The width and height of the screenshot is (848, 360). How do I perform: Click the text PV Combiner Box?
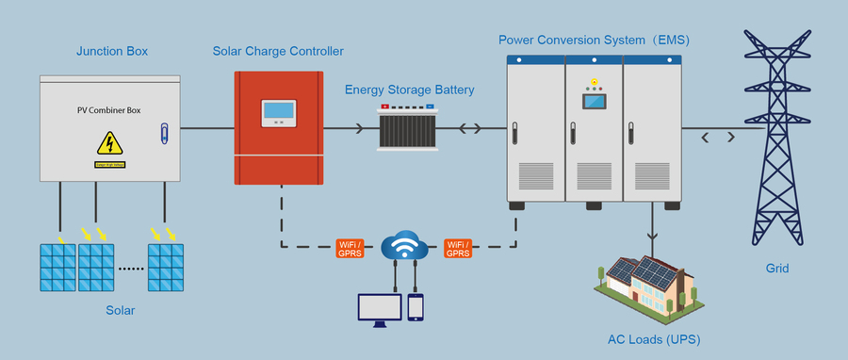click(x=108, y=110)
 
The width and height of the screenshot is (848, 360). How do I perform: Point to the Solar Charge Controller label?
click(x=278, y=49)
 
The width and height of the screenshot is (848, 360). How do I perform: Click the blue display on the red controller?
click(x=277, y=111)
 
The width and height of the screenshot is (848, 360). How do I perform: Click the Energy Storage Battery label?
click(x=409, y=90)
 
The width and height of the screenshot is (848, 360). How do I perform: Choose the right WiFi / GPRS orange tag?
click(x=458, y=249)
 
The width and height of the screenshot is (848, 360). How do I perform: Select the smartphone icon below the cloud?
click(x=416, y=308)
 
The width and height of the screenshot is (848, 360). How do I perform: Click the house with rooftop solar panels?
click(x=651, y=284)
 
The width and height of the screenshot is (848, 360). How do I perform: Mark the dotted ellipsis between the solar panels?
click(x=130, y=269)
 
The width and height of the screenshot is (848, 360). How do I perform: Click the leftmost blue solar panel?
click(x=57, y=268)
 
